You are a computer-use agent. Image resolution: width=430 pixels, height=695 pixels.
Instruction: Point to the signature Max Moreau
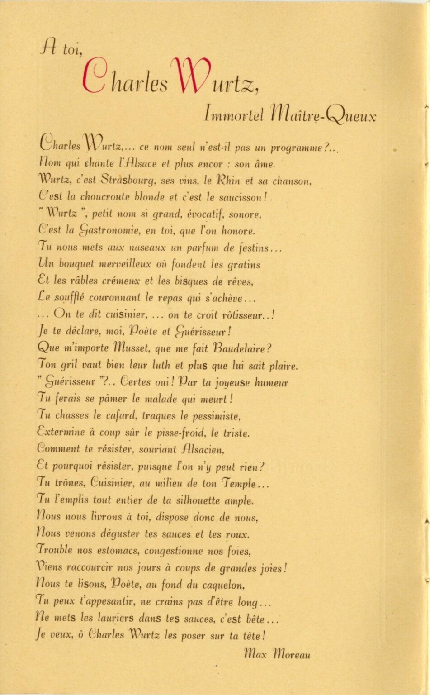[277, 653]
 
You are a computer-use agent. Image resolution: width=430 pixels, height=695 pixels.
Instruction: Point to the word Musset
[132, 348]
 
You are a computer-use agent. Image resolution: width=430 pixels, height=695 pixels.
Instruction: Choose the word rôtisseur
[243, 315]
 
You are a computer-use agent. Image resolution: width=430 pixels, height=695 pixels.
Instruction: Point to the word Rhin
[228, 180]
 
